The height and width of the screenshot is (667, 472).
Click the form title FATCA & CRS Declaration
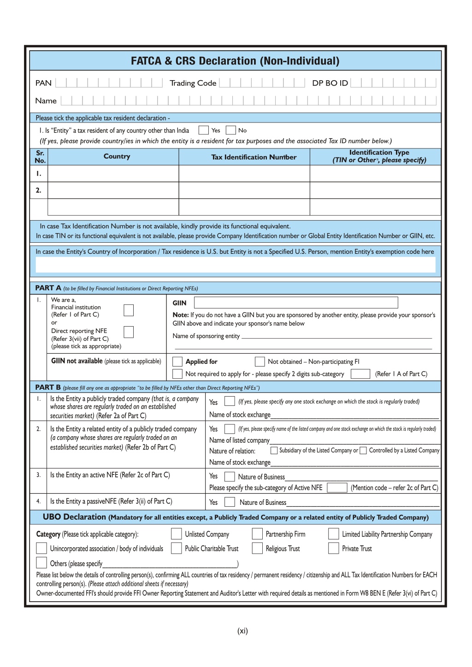click(x=235, y=61)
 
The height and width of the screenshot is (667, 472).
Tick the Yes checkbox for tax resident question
click(x=203, y=130)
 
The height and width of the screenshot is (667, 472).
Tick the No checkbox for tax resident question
click(x=231, y=130)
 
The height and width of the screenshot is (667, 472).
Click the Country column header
click(x=117, y=157)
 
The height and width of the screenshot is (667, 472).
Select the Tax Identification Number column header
click(x=254, y=157)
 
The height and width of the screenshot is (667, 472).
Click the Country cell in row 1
click(x=113, y=174)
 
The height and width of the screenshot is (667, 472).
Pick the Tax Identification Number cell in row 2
click(x=244, y=190)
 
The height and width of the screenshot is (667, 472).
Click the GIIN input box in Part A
click(x=296, y=303)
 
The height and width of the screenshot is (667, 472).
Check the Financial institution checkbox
click(x=129, y=310)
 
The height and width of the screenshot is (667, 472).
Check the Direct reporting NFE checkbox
click(x=129, y=332)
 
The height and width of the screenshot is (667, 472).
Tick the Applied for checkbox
click(x=177, y=362)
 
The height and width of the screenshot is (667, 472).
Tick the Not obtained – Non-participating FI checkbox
click(x=260, y=362)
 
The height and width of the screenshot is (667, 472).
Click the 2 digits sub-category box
click(x=360, y=374)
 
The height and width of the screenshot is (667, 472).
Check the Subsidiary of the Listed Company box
click(x=274, y=451)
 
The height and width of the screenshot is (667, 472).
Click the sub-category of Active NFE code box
click(x=337, y=488)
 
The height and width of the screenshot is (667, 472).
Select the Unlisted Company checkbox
click(x=176, y=534)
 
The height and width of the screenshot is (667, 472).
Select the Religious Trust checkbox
click(x=257, y=548)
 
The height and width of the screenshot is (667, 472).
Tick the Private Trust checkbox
click(x=333, y=548)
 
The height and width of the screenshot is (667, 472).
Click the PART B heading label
click(x=48, y=387)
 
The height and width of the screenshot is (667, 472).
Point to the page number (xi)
click(x=242, y=631)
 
